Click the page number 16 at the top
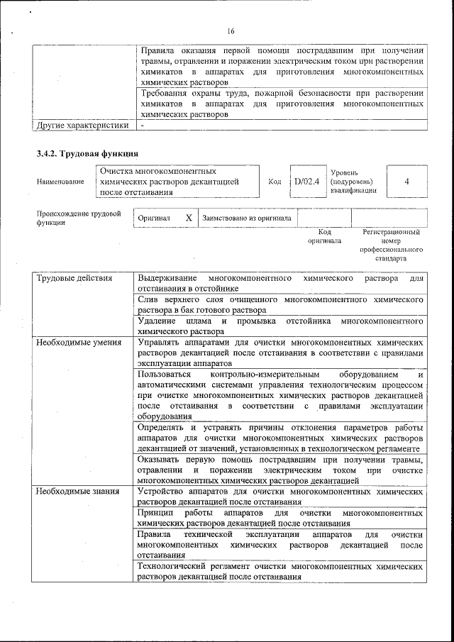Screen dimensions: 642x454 click(231, 31)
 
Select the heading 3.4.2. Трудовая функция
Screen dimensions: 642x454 click(87, 154)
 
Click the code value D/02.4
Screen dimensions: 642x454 click(306, 182)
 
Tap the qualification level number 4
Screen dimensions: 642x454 click(406, 182)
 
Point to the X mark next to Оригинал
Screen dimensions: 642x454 click(189, 218)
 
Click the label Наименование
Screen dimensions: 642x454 click(60, 182)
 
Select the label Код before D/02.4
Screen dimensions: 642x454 click(275, 182)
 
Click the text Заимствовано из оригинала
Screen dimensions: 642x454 click(247, 218)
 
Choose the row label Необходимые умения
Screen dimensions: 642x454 click(79, 343)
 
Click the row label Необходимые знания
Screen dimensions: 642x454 click(78, 491)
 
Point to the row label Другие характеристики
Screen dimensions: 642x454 click(82, 126)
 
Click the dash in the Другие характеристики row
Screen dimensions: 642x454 click(143, 126)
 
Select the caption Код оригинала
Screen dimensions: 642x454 click(324, 236)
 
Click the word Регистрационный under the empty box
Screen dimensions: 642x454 click(391, 232)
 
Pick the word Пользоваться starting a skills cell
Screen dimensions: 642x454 click(165, 374)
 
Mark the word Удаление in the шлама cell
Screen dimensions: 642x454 click(157, 321)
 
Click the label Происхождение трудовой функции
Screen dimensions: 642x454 click(78, 217)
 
